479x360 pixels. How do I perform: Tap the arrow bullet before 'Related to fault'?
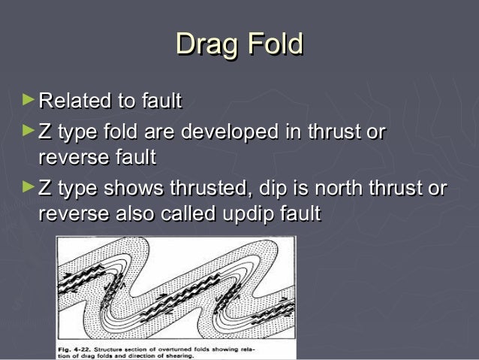[x=29, y=98]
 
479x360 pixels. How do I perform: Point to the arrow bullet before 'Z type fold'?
[x=29, y=131]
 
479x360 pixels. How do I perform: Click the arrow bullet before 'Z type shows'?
[x=29, y=186]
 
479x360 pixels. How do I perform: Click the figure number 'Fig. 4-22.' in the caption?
[x=75, y=349]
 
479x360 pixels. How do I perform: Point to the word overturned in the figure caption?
[x=188, y=349]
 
